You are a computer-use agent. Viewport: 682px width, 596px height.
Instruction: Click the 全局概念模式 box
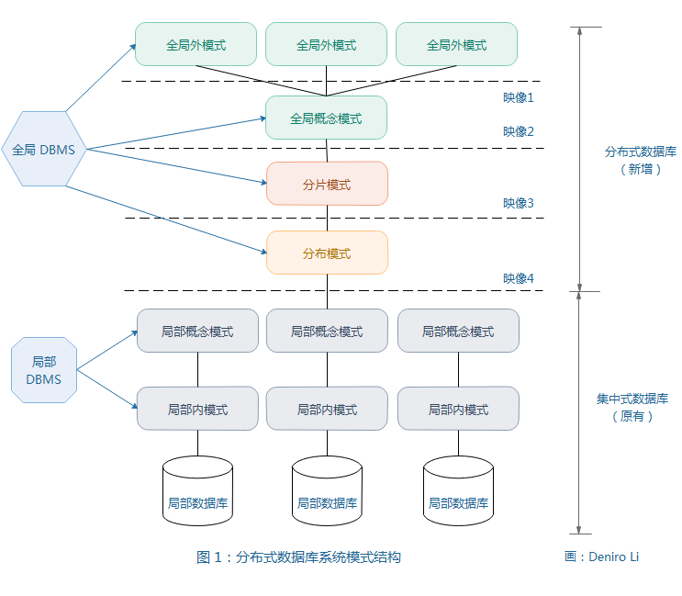326,118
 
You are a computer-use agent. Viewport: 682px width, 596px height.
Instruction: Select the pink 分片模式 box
327,184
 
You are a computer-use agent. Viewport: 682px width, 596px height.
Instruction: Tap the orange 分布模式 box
327,253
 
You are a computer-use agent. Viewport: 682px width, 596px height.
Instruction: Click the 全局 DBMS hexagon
44,149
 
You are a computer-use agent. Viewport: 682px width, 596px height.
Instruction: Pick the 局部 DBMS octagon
44,370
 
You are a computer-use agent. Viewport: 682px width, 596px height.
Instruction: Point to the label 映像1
518,96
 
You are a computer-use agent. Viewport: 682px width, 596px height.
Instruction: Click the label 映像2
518,131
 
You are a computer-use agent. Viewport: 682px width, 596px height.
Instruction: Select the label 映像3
518,203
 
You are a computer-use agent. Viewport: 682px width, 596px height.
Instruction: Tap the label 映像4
518,277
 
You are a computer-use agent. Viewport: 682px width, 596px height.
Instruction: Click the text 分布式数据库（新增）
640,160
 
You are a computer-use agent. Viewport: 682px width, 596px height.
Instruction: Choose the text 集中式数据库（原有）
632,407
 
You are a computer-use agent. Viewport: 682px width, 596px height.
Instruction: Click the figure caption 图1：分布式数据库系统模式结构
298,557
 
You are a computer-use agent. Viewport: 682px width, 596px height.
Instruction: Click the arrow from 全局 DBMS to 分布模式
165,219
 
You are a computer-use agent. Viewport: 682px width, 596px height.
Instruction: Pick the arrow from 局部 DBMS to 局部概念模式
106,352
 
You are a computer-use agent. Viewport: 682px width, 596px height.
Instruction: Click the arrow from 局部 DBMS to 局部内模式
106,387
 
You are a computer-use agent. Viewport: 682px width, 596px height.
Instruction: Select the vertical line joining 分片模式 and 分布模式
328,218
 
